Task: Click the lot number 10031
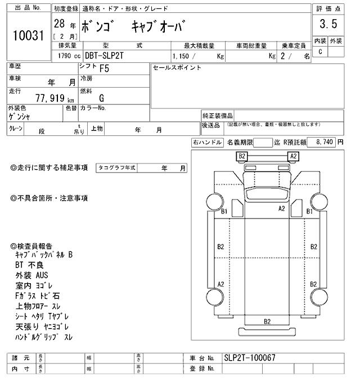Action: point(28,37)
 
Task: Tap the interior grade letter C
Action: point(320,52)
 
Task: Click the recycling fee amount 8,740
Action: point(326,143)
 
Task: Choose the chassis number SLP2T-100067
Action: point(249,358)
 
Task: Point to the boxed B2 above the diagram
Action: point(242,156)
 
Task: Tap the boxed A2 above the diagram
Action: point(292,156)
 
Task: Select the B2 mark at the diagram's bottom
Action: point(268,321)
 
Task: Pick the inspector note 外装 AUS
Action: point(32,275)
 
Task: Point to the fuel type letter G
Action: point(101,98)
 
